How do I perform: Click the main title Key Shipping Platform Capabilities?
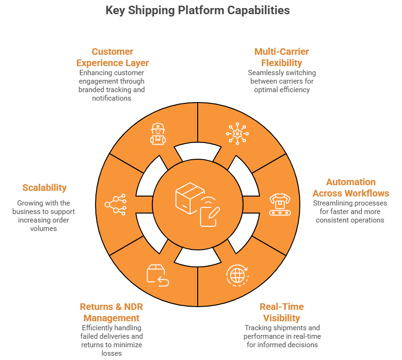pyautogui.click(x=198, y=10)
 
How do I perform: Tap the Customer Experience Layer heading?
pyautogui.click(x=113, y=57)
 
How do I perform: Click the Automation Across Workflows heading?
pyautogui.click(x=350, y=188)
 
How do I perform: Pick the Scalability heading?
pyautogui.click(x=44, y=188)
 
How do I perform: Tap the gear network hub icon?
pyautogui.click(x=236, y=133)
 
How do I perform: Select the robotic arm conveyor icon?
pyautogui.click(x=279, y=205)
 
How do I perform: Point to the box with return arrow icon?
pyautogui.click(x=157, y=275)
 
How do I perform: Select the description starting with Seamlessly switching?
pyautogui.click(x=281, y=81)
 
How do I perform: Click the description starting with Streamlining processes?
pyautogui.click(x=350, y=211)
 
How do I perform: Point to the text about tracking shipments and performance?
pyautogui.click(x=282, y=336)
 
